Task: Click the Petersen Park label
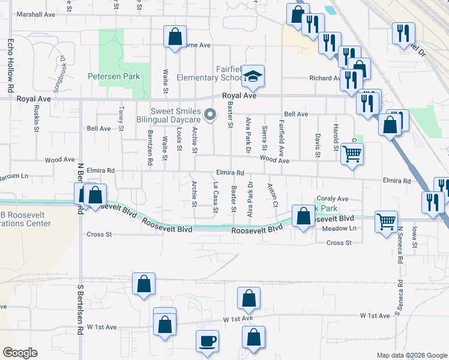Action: click(x=113, y=76)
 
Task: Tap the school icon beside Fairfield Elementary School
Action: click(x=253, y=76)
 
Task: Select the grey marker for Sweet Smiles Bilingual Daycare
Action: click(x=210, y=114)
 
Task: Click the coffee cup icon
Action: click(x=208, y=341)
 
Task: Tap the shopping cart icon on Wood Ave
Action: click(x=352, y=154)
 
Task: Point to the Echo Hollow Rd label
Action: click(x=10, y=66)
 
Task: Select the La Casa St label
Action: click(x=214, y=197)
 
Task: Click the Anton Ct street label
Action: click(x=271, y=195)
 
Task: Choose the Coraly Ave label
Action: click(x=333, y=199)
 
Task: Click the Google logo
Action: click(x=20, y=353)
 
